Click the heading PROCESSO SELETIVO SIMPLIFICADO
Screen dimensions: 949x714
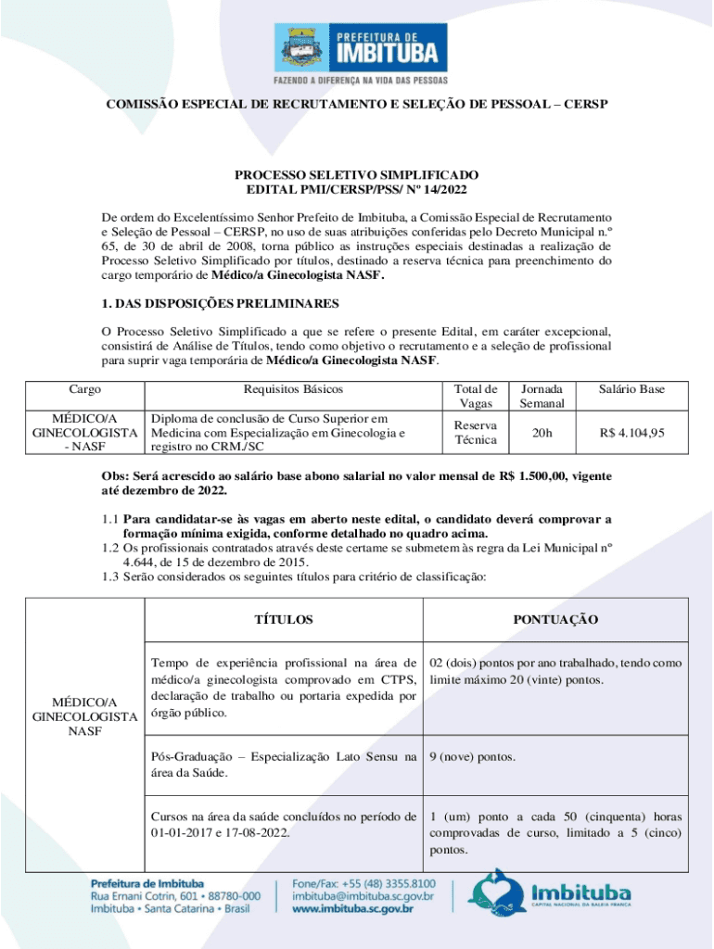coord(356,174)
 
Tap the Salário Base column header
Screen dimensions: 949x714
coord(631,389)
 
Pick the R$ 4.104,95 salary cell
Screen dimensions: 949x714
coord(631,432)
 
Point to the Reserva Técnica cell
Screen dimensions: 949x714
coord(475,432)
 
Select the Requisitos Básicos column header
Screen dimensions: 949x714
coord(293,389)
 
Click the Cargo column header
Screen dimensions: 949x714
coord(85,389)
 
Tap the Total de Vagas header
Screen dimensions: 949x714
coord(475,396)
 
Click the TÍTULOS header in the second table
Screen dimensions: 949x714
coord(283,619)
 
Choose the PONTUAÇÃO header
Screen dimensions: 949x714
coord(555,619)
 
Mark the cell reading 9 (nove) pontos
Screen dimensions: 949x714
coord(472,757)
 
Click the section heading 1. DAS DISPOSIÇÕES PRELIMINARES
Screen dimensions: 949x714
coord(220,303)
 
